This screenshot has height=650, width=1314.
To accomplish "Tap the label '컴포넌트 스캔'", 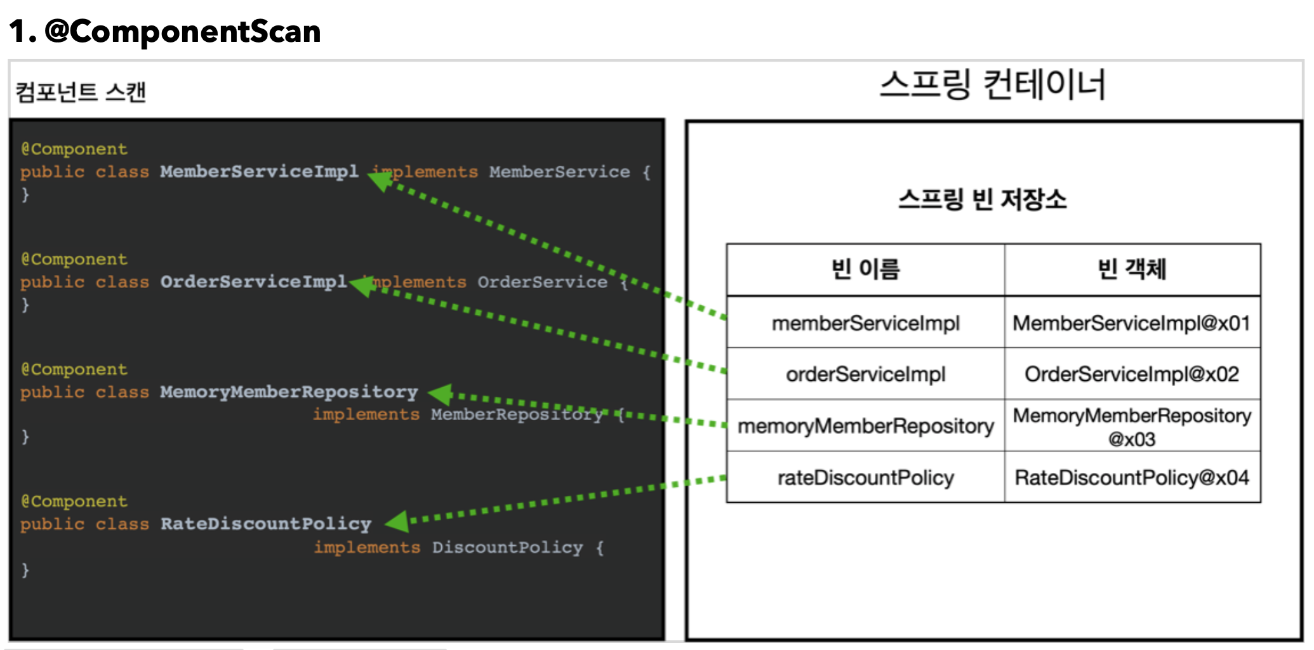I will tap(81, 92).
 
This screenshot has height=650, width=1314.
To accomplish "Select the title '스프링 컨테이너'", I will tap(993, 85).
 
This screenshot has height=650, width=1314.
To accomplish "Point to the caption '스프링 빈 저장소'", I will tap(982, 199).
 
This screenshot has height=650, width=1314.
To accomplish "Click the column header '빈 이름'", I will tap(865, 269).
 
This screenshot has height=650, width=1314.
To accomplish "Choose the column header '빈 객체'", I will tap(1132, 269).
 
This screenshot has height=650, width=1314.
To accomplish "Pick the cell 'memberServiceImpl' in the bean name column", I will tap(865, 323).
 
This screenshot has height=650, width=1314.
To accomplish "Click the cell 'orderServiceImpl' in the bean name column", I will tap(865, 374).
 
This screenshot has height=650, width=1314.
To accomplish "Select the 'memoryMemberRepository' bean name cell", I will tap(865, 425).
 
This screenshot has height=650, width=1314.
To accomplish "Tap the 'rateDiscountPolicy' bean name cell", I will tap(865, 477).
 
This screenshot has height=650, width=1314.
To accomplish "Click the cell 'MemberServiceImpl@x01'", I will tap(1131, 323).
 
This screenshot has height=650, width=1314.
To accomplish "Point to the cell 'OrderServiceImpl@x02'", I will tap(1131, 374).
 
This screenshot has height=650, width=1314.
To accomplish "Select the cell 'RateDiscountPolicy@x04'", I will tap(1131, 477).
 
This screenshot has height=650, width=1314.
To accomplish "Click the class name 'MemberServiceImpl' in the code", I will tap(259, 171).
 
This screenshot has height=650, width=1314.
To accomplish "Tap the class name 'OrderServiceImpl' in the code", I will tap(253, 282).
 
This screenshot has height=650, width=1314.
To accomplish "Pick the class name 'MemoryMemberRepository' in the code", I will tap(289, 392).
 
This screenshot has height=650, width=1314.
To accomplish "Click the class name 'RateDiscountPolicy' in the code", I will tap(265, 524).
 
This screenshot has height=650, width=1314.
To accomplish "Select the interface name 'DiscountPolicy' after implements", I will tap(507, 547).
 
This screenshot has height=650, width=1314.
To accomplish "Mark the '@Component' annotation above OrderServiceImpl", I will tap(74, 259).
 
